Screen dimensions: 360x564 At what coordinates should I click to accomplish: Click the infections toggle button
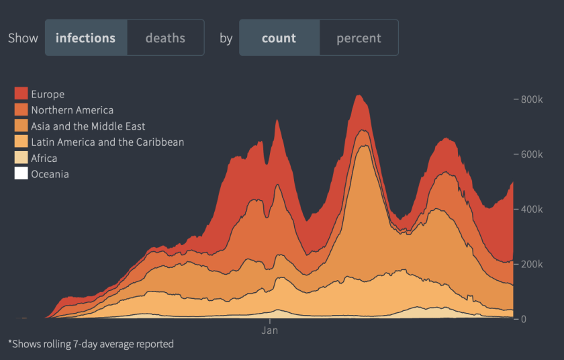[x=85, y=38]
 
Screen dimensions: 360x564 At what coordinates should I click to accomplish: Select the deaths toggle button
[x=165, y=38]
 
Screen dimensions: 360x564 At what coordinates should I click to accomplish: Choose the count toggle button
[x=279, y=38]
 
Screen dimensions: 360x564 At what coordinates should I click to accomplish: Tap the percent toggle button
[x=359, y=38]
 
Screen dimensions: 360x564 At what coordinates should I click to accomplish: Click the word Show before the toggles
[x=23, y=38]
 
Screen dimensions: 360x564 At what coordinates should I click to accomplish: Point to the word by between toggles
[x=226, y=38]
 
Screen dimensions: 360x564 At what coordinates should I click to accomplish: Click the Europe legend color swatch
[x=21, y=94]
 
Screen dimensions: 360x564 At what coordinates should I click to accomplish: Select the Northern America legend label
[x=72, y=110]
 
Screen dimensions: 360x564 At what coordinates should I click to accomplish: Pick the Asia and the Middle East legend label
[x=88, y=126]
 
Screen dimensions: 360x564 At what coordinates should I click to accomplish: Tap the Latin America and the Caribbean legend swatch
[x=21, y=142]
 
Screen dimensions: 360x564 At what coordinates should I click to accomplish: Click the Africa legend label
[x=44, y=159]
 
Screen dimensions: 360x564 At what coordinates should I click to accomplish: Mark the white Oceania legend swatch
[x=21, y=174]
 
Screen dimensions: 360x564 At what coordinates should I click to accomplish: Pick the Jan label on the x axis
[x=269, y=330]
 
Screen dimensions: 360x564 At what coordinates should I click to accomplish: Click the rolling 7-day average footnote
[x=91, y=344]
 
